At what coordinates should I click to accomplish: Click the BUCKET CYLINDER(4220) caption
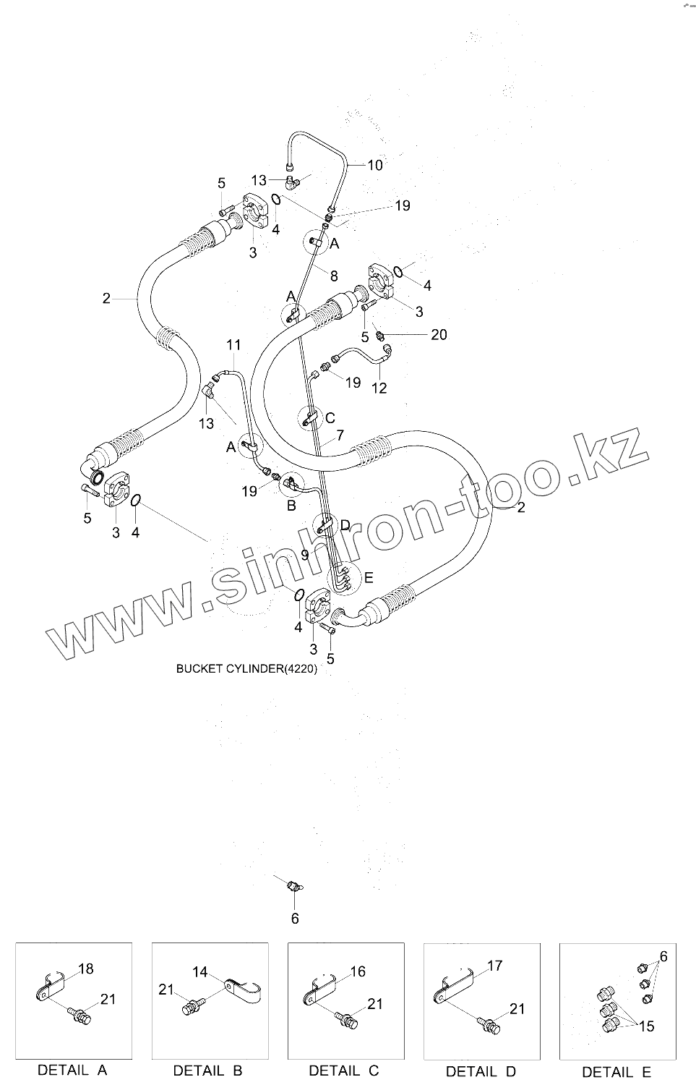[x=246, y=669]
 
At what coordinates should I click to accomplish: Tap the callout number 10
[x=374, y=166]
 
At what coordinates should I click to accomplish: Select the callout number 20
[x=439, y=334]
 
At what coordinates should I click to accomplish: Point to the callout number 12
[x=379, y=388]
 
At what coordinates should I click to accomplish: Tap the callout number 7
[x=340, y=435]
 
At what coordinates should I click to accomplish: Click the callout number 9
[x=305, y=555]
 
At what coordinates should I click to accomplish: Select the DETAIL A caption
[x=72, y=1070]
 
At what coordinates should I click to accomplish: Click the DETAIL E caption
[x=616, y=1072]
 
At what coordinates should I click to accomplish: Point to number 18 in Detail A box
[x=86, y=969]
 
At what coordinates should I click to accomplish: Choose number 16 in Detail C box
[x=358, y=971]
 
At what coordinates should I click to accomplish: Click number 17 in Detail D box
[x=494, y=966]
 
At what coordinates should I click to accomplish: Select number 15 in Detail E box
[x=646, y=1026]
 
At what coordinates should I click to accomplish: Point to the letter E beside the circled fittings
[x=369, y=577]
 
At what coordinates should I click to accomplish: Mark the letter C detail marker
[x=330, y=418]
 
